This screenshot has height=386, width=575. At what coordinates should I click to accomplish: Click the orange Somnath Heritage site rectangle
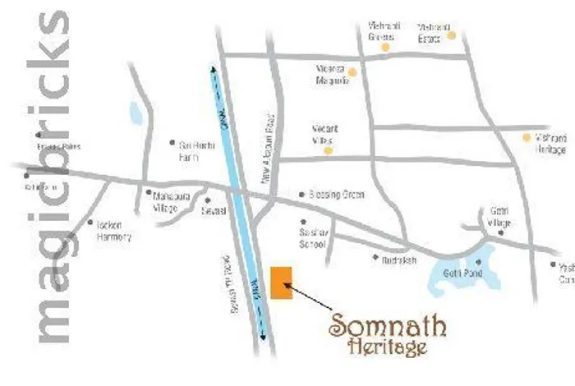click(281, 283)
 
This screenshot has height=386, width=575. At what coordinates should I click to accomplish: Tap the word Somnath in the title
click(388, 326)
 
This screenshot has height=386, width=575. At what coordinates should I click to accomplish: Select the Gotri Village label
click(499, 218)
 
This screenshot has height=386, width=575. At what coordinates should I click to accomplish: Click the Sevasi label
click(214, 210)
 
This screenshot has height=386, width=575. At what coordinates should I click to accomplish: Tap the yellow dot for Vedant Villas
click(329, 150)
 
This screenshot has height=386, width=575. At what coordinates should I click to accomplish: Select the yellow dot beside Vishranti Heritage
click(527, 137)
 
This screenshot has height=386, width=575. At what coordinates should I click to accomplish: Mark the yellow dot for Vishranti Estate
click(451, 36)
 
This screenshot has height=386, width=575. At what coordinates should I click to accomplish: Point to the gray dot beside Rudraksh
click(376, 257)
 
